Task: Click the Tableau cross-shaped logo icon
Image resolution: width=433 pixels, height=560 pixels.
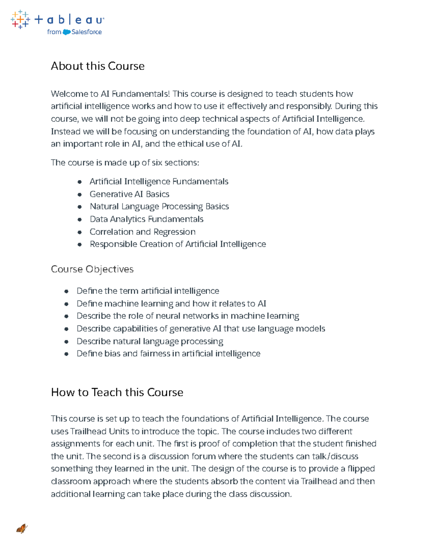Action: tap(20, 19)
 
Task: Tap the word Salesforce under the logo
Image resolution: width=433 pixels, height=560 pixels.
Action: tap(87, 32)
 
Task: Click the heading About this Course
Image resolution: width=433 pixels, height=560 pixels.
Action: tap(97, 66)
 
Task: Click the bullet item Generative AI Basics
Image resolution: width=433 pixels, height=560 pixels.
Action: tap(129, 194)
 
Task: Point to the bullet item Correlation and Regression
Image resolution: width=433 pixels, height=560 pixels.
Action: tap(143, 232)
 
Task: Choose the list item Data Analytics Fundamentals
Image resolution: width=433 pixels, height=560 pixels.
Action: tap(146, 219)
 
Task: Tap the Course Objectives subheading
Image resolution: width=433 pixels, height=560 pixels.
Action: tap(92, 269)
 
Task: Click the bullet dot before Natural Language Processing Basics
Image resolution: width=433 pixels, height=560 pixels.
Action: tap(79, 207)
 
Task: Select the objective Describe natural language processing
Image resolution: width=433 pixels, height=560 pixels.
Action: tap(150, 341)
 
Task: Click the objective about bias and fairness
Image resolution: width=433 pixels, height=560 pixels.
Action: tap(168, 354)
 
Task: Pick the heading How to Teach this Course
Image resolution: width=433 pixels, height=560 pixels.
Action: tap(117, 392)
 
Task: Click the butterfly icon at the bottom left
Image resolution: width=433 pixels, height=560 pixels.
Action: tap(22, 529)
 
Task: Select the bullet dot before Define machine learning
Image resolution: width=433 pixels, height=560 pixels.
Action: tap(66, 304)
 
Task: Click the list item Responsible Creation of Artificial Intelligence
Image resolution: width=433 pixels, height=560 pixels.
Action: tap(178, 244)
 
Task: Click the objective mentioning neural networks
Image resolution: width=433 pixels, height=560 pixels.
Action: tap(188, 316)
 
